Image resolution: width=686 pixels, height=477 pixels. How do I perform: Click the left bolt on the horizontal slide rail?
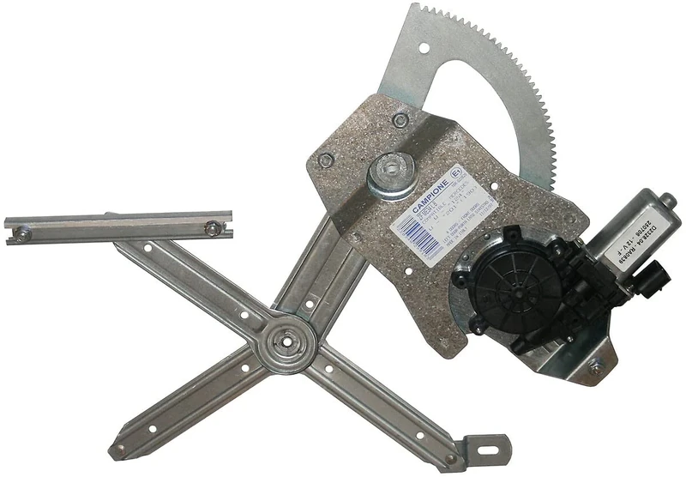point(24,233)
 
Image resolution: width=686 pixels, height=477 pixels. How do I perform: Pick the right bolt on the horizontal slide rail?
point(211,228)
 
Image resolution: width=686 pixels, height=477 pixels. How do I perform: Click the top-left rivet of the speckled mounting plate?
point(326,160)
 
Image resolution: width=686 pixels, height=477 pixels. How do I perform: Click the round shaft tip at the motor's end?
point(668,204)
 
